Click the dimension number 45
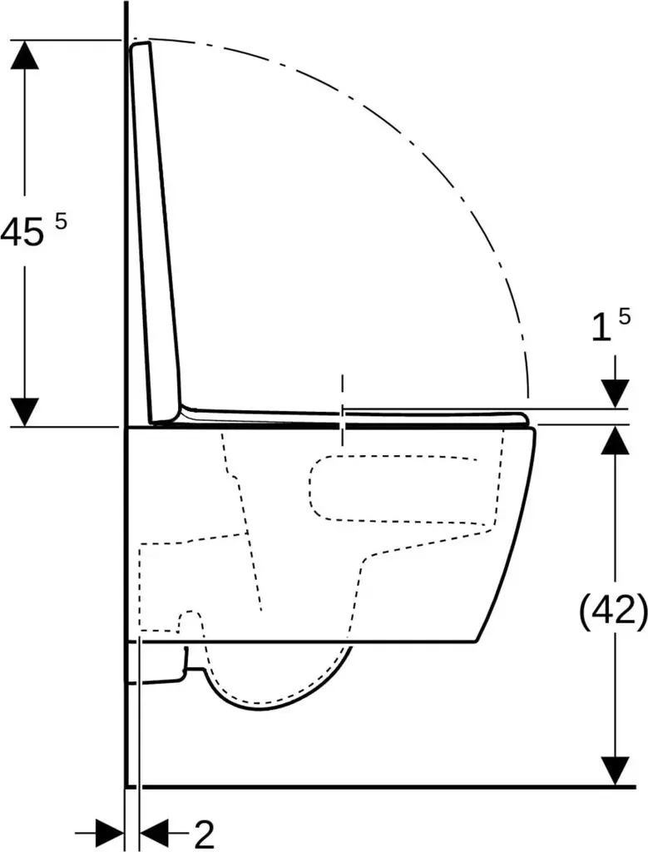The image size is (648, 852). click(x=22, y=233)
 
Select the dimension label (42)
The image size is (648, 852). click(x=614, y=613)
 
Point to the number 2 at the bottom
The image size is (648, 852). click(x=204, y=834)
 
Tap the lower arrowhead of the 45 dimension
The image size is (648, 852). click(x=24, y=413)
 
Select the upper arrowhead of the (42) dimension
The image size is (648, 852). click(x=615, y=441)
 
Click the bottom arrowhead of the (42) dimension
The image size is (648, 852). click(x=615, y=771)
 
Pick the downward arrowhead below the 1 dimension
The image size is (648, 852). click(x=615, y=394)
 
